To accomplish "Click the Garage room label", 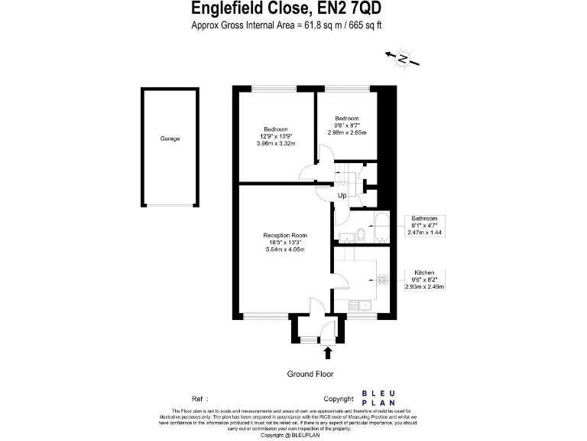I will pyautogui.click(x=170, y=139).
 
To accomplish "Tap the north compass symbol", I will pyautogui.click(x=402, y=57).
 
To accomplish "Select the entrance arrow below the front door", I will pyautogui.click(x=329, y=353).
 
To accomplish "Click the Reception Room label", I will pyautogui.click(x=284, y=235).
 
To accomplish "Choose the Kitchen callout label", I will pyautogui.click(x=425, y=273).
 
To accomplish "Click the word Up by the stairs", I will pyautogui.click(x=342, y=195).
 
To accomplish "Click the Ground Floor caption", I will pyautogui.click(x=310, y=374).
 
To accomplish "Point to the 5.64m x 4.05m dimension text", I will pyautogui.click(x=284, y=250).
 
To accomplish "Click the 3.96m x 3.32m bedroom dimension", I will pyautogui.click(x=276, y=143).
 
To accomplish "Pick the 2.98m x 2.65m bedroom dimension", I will pyautogui.click(x=347, y=132).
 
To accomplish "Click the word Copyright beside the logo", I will pyautogui.click(x=339, y=399).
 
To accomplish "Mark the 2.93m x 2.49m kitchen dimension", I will pyautogui.click(x=425, y=286).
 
